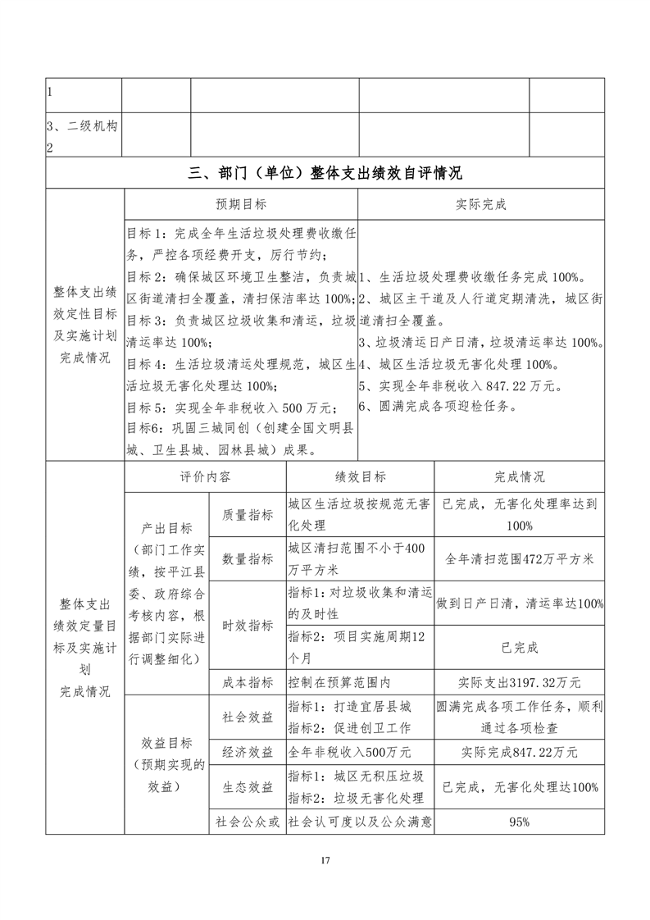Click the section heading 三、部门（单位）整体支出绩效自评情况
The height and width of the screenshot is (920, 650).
(325, 173)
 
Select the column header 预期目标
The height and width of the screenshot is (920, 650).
(240, 204)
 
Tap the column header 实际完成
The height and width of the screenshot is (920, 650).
(481, 204)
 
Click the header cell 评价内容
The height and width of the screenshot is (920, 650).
(205, 477)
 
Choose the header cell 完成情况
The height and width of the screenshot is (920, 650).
(519, 477)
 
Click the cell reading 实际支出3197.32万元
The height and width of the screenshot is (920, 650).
(519, 681)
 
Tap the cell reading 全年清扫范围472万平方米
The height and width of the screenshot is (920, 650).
(519, 558)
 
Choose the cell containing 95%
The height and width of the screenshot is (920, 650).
(519, 821)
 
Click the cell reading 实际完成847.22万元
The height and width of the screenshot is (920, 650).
(519, 752)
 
